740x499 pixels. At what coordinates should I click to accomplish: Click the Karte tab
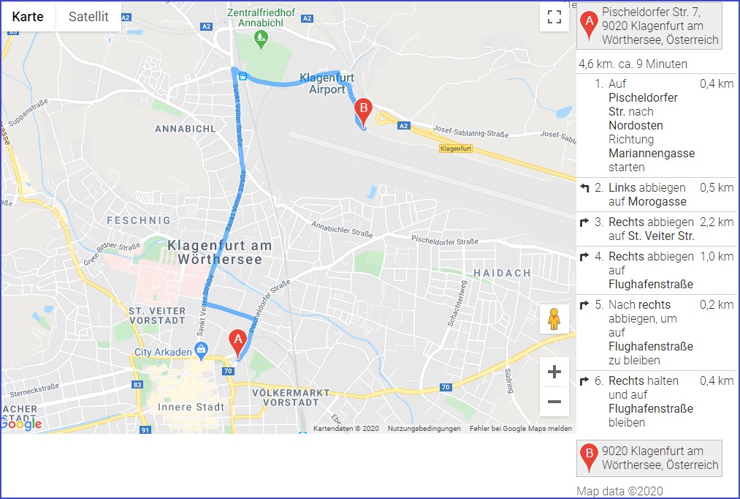point(28,17)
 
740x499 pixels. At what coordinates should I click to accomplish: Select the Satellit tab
point(88,17)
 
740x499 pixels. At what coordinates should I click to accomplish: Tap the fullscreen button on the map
point(554,17)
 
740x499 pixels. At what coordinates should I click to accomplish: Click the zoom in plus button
point(554,372)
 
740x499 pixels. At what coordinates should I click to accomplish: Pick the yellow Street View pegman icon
point(554,319)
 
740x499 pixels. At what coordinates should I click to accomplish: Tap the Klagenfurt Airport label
point(327,83)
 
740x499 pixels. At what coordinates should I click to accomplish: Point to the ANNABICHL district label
point(185,129)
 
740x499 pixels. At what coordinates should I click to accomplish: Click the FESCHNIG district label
point(139,220)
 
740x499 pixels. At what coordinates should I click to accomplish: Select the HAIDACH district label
point(503,273)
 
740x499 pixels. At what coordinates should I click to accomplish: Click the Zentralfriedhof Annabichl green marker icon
point(262,40)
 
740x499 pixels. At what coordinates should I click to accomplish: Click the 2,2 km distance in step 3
point(716,222)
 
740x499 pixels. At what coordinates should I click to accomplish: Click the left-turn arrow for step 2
point(584,188)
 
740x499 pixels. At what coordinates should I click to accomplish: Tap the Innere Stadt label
point(186,407)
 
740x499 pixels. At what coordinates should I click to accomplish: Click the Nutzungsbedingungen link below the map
point(424,429)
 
